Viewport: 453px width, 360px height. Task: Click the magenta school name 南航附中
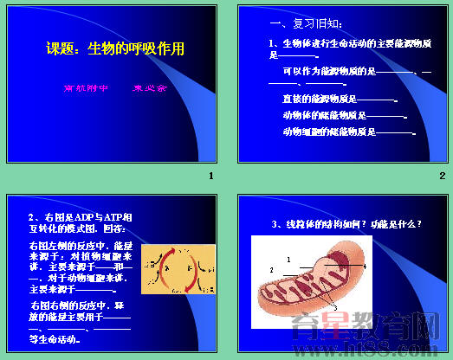point(85,88)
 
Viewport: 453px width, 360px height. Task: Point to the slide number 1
point(210,177)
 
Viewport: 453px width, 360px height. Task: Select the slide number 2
point(442,177)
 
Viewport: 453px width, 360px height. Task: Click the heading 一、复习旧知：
point(299,23)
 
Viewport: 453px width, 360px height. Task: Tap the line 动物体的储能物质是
point(324,115)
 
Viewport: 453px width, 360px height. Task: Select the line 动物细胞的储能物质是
point(328,132)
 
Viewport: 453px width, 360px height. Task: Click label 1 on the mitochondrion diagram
point(288,259)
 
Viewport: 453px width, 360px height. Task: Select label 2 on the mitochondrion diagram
point(271,271)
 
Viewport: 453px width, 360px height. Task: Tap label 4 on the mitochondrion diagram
point(365,267)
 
